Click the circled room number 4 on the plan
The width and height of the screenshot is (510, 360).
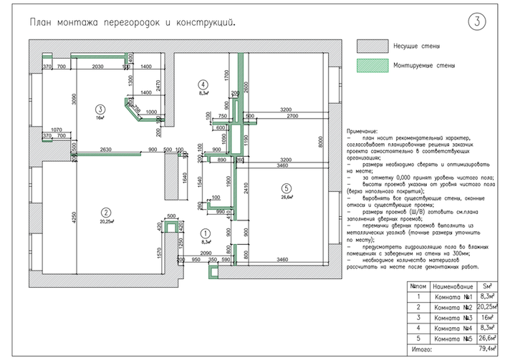click(x=203, y=84)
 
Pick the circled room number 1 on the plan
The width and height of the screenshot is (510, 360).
click(x=205, y=233)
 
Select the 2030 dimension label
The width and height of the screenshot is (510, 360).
click(x=100, y=67)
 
